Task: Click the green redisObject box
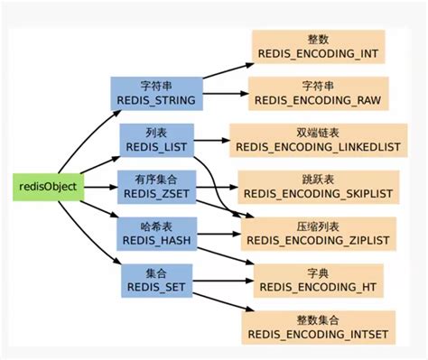(x=46, y=187)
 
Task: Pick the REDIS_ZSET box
(x=154, y=185)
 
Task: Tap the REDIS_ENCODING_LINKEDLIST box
(x=317, y=139)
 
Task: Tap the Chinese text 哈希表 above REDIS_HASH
(x=155, y=223)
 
